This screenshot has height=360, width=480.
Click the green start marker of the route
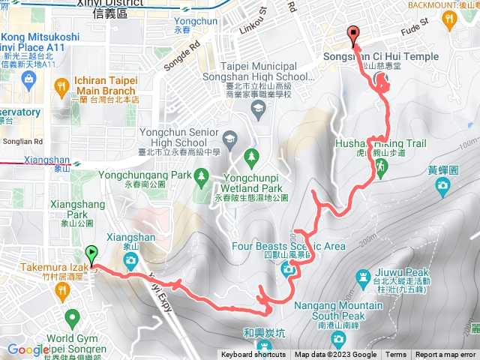pyautogui.click(x=92, y=254)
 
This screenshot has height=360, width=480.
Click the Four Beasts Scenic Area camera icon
pyautogui.click(x=288, y=270)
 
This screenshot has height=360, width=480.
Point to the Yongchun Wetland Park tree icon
pyautogui.click(x=252, y=157)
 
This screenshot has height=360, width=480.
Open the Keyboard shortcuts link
pyautogui.click(x=253, y=355)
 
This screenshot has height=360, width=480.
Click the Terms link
pyautogui.click(x=396, y=355)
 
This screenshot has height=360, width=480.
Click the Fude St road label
pyautogui.click(x=414, y=27)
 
